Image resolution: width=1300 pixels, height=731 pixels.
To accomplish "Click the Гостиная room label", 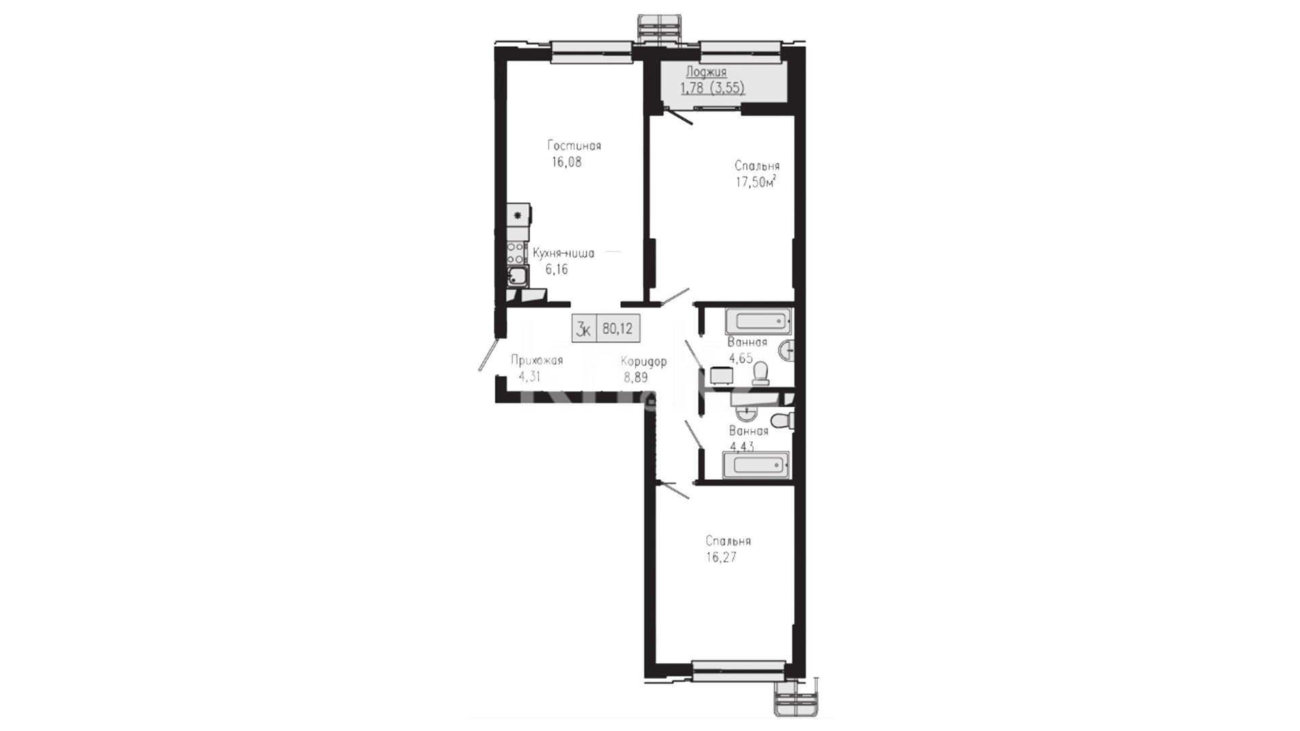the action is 574,146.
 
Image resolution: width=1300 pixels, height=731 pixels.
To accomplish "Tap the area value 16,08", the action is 567,162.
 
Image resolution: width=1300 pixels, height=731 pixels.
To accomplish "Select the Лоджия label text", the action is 706,72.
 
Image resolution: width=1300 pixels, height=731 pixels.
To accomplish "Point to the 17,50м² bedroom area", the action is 756,181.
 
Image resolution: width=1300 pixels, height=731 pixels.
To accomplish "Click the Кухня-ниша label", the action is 563,253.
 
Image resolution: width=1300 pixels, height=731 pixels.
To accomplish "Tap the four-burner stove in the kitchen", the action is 517,253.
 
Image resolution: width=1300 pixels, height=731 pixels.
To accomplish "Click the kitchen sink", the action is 518,275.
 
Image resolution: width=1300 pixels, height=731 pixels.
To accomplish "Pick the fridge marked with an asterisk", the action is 519,216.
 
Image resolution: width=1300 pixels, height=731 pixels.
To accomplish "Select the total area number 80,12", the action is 617,329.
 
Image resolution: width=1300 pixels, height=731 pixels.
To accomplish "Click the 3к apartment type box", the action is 584,329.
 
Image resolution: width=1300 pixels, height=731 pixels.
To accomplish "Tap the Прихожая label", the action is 537,361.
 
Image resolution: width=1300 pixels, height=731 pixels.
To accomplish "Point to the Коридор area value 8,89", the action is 636,378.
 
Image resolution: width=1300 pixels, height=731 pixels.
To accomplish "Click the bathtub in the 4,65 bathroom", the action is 758,321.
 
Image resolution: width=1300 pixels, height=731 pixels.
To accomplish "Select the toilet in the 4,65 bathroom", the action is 760,373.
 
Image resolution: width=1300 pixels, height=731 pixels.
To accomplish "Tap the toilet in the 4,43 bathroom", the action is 783,420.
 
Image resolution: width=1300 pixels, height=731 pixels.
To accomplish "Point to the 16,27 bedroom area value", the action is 721,558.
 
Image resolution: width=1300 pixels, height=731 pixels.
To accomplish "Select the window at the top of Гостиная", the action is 591,51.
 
